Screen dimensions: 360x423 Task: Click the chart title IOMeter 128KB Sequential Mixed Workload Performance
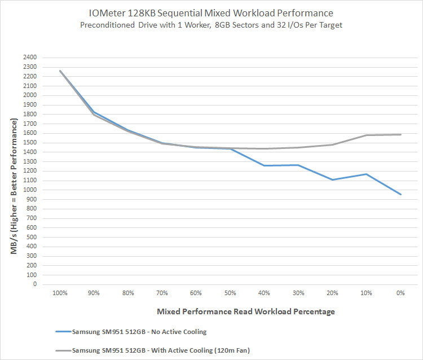(211, 13)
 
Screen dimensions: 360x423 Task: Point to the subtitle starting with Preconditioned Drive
(211, 25)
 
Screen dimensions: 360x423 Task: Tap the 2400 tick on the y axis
(29, 58)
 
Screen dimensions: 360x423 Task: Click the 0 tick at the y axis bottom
(34, 284)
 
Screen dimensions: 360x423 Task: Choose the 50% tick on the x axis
(230, 293)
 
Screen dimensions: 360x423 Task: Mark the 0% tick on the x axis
(400, 293)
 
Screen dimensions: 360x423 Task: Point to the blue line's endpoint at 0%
(400, 195)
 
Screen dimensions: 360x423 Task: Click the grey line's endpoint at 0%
(400, 134)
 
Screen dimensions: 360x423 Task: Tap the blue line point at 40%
(264, 165)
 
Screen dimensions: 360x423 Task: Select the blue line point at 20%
(332, 179)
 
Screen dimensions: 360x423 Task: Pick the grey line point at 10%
(367, 135)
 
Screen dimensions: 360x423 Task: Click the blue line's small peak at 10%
(367, 174)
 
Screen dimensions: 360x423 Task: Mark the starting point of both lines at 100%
(59, 71)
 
